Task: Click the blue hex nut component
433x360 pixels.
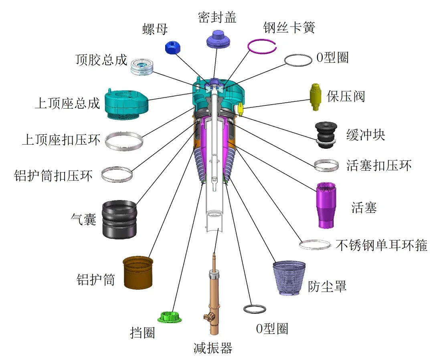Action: click(x=174, y=48)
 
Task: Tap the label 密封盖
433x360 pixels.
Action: click(x=217, y=17)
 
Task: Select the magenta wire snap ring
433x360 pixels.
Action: click(x=262, y=46)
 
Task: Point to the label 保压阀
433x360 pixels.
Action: click(x=346, y=97)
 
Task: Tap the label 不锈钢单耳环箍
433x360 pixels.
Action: click(x=381, y=245)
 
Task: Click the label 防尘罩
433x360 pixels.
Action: click(x=327, y=286)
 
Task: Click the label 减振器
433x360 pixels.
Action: click(x=212, y=347)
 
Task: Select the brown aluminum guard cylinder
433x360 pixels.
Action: click(x=138, y=273)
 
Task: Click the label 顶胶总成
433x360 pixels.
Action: click(x=101, y=60)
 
